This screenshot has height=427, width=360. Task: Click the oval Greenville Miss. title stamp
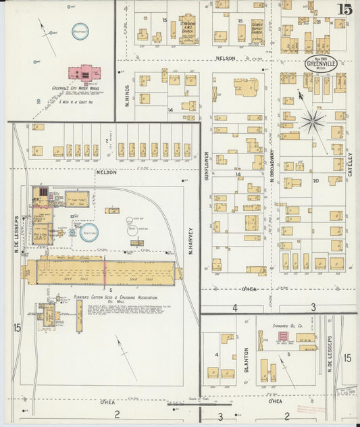(317, 64)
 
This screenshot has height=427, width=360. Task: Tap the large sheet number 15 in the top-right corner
(344, 9)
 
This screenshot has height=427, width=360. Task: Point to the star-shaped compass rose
(312, 122)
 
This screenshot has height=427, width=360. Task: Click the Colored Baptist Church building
(257, 31)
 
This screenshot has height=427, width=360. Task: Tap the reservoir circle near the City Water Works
(80, 31)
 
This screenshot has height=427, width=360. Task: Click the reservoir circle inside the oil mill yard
(88, 231)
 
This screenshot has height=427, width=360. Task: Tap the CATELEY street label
(351, 162)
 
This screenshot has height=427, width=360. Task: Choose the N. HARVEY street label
(191, 240)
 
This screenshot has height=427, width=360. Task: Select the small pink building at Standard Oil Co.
(284, 336)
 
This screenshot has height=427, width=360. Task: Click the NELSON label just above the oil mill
(106, 172)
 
